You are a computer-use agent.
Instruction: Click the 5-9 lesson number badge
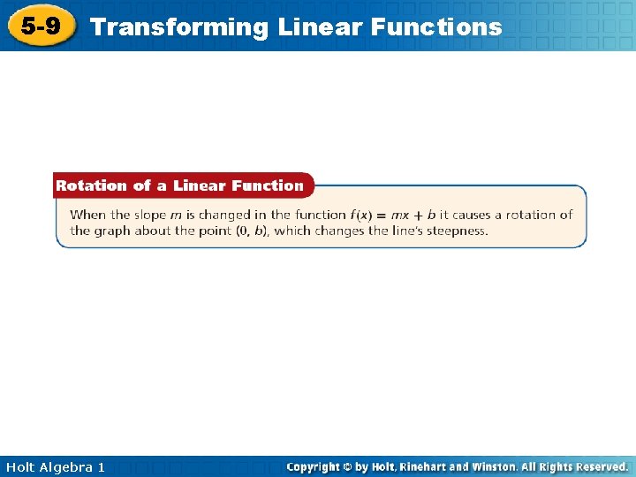tap(41, 26)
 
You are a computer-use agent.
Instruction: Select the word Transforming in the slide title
tap(179, 27)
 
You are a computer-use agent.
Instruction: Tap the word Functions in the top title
tap(436, 27)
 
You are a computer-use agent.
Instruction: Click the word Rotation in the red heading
tap(91, 185)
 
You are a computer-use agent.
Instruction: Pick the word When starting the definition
tap(87, 215)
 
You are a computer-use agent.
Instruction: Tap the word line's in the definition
tap(405, 231)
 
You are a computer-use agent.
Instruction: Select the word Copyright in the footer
tap(316, 466)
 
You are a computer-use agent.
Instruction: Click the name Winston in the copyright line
tap(496, 466)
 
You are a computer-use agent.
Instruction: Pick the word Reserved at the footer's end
tap(599, 466)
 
